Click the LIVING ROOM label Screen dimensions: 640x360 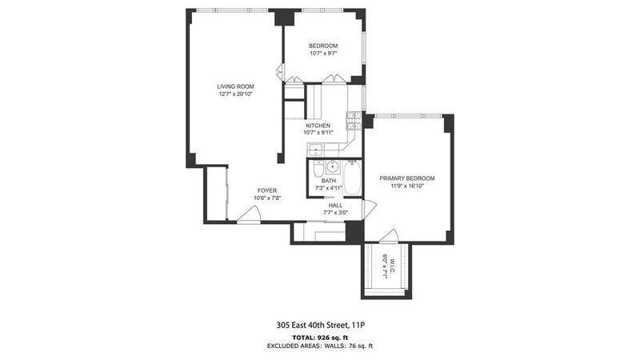(235, 86)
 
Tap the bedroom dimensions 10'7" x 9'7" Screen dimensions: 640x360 (323, 53)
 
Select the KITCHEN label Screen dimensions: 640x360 (318, 126)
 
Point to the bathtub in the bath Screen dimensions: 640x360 (352, 178)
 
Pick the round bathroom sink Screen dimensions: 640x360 (333, 166)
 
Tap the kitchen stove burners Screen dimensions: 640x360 (354, 121)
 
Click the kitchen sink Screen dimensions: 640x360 (315, 150)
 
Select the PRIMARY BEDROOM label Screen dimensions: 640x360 (407, 178)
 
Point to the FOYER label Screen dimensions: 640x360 (267, 190)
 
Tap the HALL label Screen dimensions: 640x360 (335, 206)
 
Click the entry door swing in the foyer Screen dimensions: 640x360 (249, 214)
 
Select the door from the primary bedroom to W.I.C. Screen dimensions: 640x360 (389, 236)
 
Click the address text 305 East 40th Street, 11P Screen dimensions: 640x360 (320, 326)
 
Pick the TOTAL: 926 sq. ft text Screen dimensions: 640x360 (320, 338)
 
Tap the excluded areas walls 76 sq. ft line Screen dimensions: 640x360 (320, 346)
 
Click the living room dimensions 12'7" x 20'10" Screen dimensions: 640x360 (235, 94)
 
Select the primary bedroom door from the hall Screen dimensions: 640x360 (369, 209)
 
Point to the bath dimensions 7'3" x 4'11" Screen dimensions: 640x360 (329, 188)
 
